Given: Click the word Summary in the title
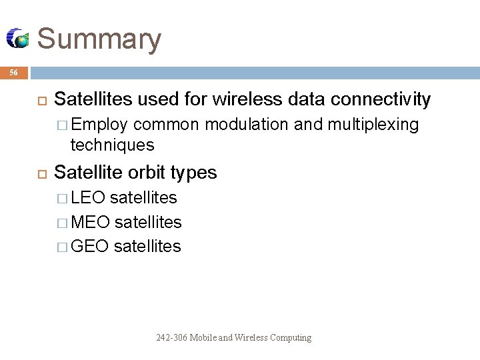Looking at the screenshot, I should coord(99,39).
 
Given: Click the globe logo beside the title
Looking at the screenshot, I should coord(18,39).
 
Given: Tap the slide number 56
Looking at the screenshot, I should coord(14,73).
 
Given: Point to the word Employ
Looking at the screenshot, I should coord(99,125).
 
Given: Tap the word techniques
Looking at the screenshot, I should coord(113,144).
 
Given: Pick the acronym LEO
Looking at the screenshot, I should coord(87,197).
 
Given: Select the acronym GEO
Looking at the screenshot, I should coord(89,246).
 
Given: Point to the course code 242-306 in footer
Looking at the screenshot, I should coord(172,338).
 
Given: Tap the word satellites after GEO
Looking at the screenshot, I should coord(147,246).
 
